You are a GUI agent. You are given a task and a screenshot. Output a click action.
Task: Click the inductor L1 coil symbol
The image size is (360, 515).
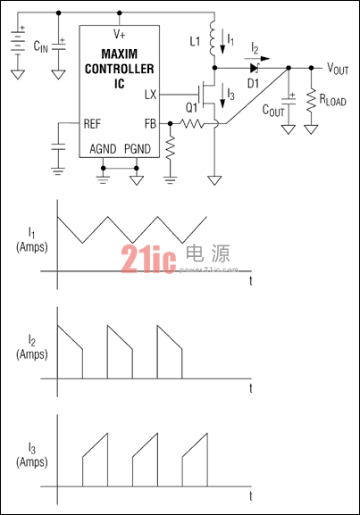tap(212, 38)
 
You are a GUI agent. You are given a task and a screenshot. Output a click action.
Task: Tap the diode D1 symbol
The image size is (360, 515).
tap(255, 68)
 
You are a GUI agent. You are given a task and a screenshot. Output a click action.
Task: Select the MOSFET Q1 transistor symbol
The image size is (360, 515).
tap(206, 95)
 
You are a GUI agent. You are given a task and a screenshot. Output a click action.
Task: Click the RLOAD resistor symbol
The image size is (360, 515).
tap(311, 101)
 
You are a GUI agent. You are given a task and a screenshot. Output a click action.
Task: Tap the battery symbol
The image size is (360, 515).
tap(18, 40)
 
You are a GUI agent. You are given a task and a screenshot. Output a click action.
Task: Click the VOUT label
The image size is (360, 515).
tap(338, 69)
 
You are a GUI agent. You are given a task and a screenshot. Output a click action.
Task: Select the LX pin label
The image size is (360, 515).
tap(151, 95)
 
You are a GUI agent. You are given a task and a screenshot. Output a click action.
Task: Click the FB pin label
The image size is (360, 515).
tap(150, 123)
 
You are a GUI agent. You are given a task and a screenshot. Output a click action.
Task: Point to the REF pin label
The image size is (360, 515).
tap(92, 124)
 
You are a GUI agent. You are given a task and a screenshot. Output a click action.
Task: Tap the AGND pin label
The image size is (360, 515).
tap(103, 149)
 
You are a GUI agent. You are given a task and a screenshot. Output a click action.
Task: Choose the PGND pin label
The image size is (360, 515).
tap(138, 149)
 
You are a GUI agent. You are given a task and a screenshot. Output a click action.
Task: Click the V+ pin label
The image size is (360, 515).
tap(120, 34)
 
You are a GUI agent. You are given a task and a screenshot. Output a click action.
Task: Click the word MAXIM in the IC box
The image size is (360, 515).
tap(120, 54)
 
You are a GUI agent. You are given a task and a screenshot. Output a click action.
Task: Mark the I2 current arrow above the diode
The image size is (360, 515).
tap(256, 59)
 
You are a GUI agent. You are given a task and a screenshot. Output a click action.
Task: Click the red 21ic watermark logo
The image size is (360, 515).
tap(148, 259)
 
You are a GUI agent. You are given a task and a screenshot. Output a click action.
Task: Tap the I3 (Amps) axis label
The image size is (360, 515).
tap(32, 455)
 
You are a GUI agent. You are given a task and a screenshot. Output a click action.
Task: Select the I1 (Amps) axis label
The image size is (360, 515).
tap(32, 240)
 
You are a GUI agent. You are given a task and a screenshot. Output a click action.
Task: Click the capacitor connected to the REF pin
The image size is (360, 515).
tap(58, 146)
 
